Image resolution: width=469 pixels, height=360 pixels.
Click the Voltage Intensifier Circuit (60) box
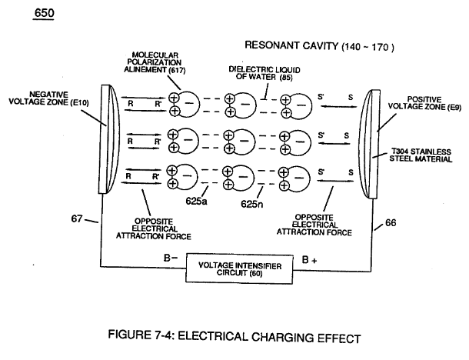[x=239, y=268]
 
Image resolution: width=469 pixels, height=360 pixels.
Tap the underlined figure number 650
[x=44, y=13]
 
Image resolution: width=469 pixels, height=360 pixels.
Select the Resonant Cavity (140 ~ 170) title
[x=319, y=46]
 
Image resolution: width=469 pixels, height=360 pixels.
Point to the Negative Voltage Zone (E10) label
[x=48, y=98]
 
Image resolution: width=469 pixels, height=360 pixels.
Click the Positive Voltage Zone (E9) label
[x=424, y=103]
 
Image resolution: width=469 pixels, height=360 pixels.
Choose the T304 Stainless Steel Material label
[x=421, y=155]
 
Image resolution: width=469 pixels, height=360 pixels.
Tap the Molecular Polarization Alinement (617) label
[x=155, y=62]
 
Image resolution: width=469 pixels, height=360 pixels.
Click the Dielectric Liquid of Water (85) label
[x=264, y=73]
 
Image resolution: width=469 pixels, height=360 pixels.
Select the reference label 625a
[x=196, y=201]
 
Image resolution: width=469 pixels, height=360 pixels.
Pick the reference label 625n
[x=252, y=204]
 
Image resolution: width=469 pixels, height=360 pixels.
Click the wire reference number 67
[x=77, y=218]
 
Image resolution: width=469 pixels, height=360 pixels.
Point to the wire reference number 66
[x=391, y=222]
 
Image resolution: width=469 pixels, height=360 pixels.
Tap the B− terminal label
[x=171, y=258]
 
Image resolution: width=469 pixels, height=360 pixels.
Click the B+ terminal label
[x=309, y=260]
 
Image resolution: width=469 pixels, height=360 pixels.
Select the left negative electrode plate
[x=109, y=139]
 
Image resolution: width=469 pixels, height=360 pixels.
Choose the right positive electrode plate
[x=369, y=144]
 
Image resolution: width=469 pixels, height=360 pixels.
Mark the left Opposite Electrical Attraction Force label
[x=154, y=229]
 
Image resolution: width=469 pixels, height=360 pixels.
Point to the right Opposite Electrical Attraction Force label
[x=314, y=225]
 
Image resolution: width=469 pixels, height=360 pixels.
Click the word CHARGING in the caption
[x=281, y=337]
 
